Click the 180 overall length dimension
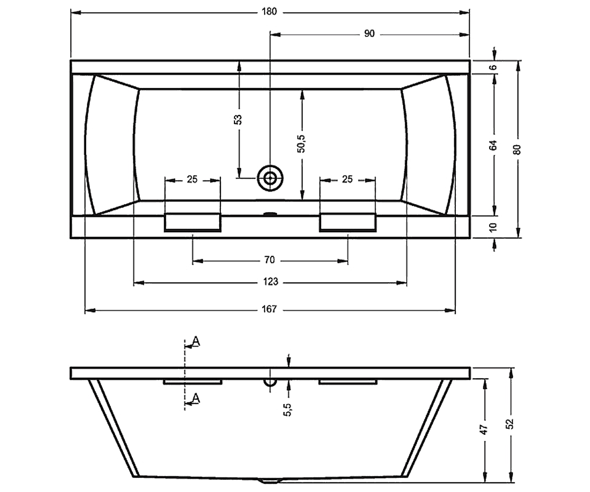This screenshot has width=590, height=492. click(269, 12)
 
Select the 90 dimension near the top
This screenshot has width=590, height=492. click(369, 33)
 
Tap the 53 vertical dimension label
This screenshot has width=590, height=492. click(239, 120)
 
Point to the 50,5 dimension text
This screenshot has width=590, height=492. click(301, 144)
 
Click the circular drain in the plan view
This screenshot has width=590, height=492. click(270, 179)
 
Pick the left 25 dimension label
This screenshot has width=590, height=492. click(192, 179)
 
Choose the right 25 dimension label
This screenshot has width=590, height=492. click(347, 179)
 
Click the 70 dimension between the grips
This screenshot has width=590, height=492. click(269, 260)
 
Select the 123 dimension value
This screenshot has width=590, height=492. click(270, 281)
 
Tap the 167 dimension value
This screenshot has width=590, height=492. click(269, 309)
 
